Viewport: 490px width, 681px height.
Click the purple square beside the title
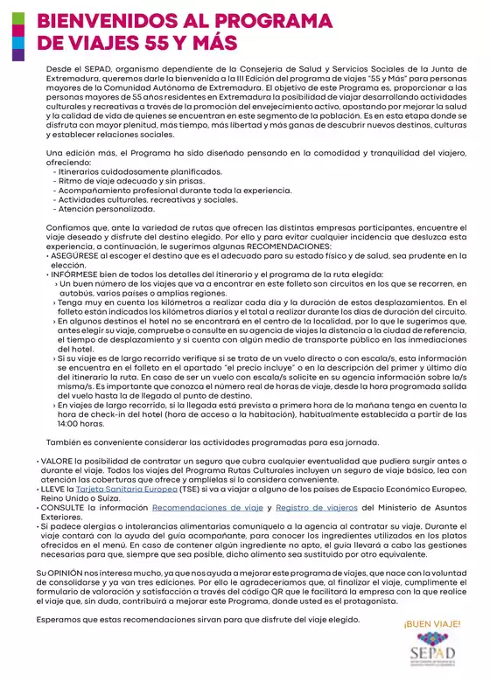[x=17, y=54]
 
